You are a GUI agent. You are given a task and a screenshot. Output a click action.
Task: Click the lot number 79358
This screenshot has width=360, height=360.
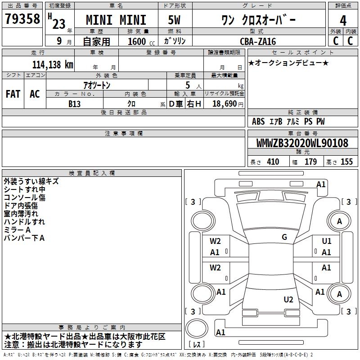coord(22,19)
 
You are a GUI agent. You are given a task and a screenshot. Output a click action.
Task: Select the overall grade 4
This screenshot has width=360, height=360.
coord(343,21)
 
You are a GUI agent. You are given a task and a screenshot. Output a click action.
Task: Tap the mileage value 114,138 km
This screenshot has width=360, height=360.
coord(53,65)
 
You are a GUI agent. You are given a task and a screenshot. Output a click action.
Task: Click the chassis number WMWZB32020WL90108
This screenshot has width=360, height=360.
coord(302,143)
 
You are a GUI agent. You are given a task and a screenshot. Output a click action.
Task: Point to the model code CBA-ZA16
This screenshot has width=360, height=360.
coord(258,41)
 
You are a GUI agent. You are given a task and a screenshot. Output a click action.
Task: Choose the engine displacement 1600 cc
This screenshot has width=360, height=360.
coord(141,41)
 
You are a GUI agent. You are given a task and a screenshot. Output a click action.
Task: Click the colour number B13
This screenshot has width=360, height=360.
coord(74,104)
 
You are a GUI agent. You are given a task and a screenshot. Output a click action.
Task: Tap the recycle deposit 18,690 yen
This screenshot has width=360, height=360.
coord(228,104)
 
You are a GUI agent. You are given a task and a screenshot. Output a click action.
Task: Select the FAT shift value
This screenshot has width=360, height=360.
coord(13,94)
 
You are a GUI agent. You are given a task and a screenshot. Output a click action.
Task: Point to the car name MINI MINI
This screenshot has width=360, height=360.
coord(116,20)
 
